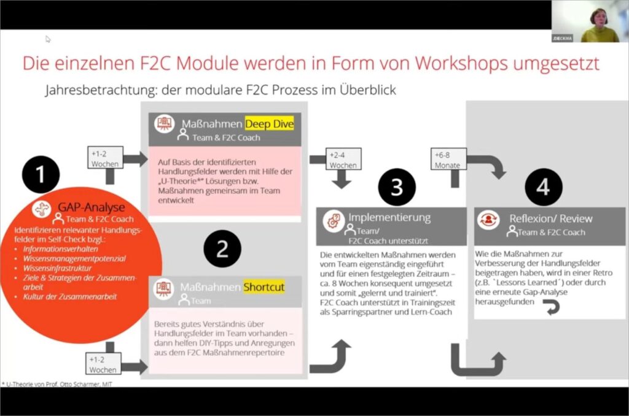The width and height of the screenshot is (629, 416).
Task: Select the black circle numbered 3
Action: coord(397,187)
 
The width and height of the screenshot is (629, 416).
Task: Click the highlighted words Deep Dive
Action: coord(270,124)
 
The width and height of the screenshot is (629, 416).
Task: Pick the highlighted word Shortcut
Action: coord(264,287)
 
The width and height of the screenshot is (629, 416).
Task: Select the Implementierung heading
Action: coord(389,217)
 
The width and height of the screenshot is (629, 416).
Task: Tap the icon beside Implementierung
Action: coord(334,218)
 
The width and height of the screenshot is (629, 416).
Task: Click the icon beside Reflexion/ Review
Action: coord(491,218)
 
